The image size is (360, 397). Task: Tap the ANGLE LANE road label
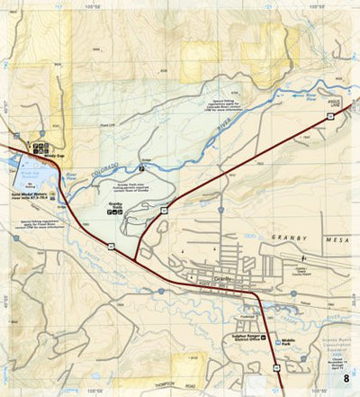pos(335,104)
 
